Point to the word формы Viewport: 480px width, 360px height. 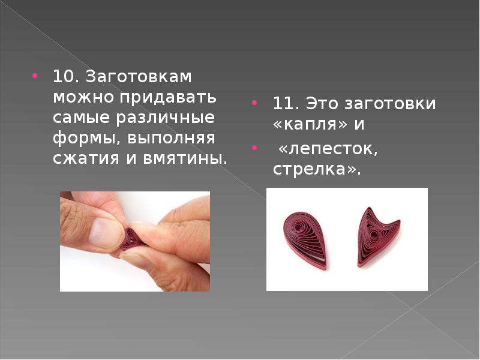click(84, 139)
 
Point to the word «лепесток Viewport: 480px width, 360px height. click(328, 149)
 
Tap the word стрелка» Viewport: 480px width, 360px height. click(317, 169)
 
